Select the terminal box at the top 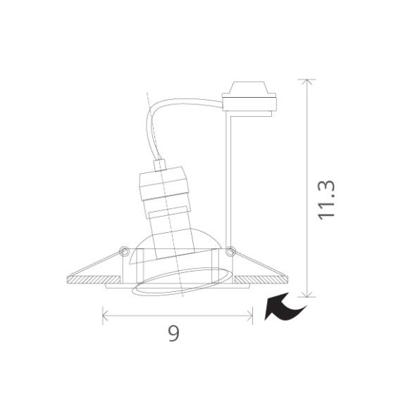pyautogui.click(x=248, y=98)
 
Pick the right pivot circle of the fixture pyautogui.click(x=230, y=248)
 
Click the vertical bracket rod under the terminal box pyautogui.click(x=226, y=176)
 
